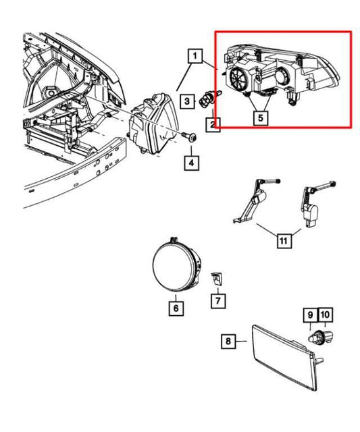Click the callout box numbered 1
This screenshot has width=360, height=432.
[x=195, y=56]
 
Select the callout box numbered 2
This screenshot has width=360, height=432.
[x=213, y=124]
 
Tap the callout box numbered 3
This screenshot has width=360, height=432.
[x=188, y=101]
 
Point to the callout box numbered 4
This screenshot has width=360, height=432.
[x=191, y=163]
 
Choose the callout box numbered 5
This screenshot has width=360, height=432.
[x=261, y=118]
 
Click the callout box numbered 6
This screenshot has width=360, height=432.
[x=176, y=308]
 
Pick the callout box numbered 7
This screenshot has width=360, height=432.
[x=218, y=300]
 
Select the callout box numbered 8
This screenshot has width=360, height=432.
[x=228, y=342]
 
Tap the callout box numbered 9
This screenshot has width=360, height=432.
[x=311, y=315]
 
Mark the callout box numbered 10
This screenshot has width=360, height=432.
[x=326, y=315]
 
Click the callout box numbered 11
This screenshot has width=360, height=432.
[x=284, y=241]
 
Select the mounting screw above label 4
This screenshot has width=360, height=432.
[x=189, y=136]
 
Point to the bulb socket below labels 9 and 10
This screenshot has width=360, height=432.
[x=321, y=337]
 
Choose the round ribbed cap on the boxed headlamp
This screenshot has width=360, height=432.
[x=239, y=78]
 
